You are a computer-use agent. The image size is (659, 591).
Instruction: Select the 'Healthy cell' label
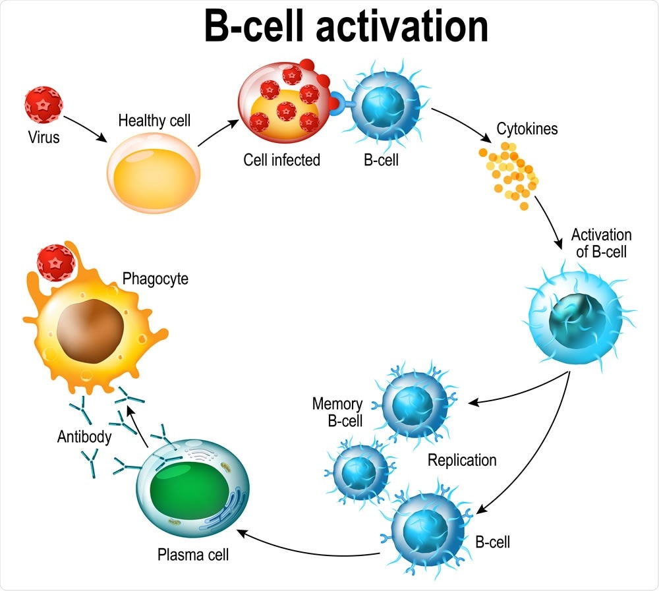pyautogui.click(x=154, y=121)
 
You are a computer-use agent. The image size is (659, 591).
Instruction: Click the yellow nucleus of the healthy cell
pyautogui.click(x=154, y=176)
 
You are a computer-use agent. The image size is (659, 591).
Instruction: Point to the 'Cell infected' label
pyautogui.click(x=281, y=159)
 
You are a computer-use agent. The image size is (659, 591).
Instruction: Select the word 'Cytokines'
pyautogui.click(x=528, y=128)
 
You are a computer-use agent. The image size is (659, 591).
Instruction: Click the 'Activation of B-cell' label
pyautogui.click(x=601, y=243)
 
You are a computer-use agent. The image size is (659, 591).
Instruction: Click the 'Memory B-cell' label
pyautogui.click(x=337, y=412)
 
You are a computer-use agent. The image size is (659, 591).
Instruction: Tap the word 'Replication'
pyautogui.click(x=462, y=460)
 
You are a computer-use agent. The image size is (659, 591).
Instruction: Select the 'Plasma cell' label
pyautogui.click(x=193, y=554)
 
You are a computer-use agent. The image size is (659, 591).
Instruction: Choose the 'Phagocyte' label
pyautogui.click(x=155, y=279)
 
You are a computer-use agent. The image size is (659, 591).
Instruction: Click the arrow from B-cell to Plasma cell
pyautogui.click(x=310, y=546)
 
